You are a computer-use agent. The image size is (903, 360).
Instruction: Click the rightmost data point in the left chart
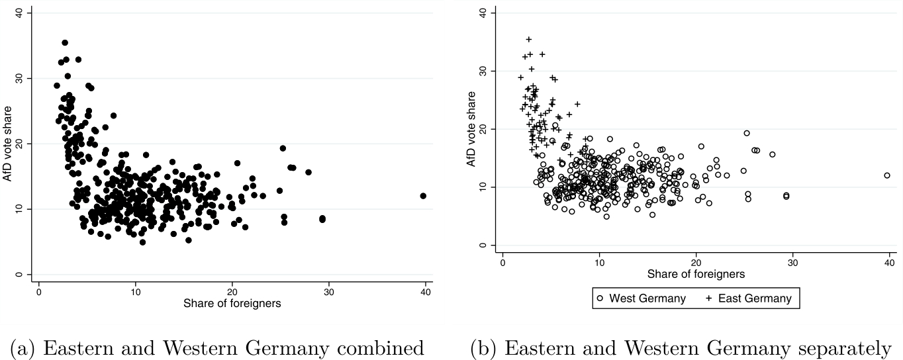pos(423,196)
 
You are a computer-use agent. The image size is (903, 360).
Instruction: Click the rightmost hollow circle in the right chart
pos(887,175)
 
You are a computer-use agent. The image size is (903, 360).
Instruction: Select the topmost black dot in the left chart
pos(65,43)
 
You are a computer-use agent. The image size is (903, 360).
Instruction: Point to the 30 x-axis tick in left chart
pos(328,292)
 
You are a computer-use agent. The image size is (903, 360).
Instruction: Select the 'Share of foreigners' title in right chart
pos(696,274)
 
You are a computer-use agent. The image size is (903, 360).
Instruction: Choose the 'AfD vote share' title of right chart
pos(471,129)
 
